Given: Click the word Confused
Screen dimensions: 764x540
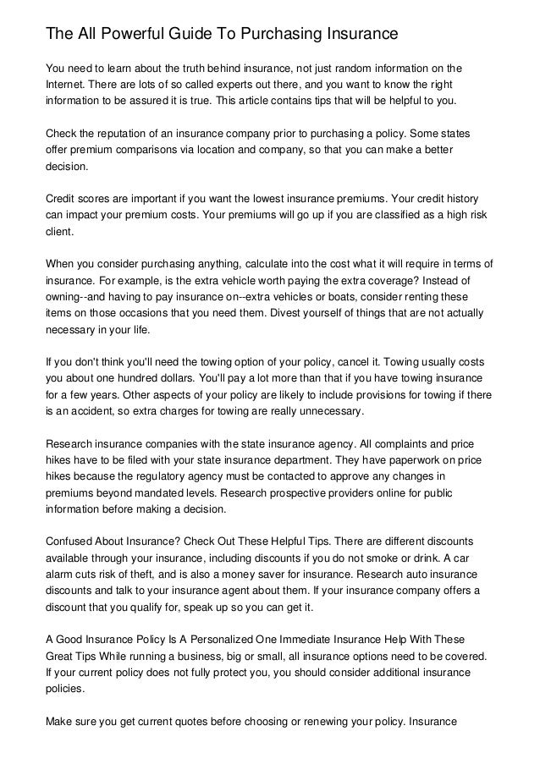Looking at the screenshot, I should (x=72, y=541).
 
